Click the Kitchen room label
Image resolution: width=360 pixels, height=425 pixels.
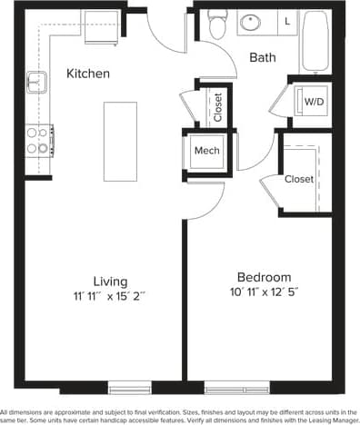pyautogui.click(x=89, y=74)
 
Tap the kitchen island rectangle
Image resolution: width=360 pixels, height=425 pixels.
pyautogui.click(x=120, y=141)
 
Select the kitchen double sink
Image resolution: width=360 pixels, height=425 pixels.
pyautogui.click(x=37, y=84)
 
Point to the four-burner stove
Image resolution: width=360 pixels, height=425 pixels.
pyautogui.click(x=37, y=140)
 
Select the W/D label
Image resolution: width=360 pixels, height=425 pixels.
pyautogui.click(x=315, y=102)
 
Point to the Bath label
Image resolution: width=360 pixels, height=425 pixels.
pyautogui.click(x=264, y=58)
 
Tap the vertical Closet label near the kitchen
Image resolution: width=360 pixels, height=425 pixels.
pyautogui.click(x=218, y=107)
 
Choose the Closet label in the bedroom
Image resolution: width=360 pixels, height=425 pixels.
pyautogui.click(x=299, y=179)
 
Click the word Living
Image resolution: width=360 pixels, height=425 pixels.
pyautogui.click(x=110, y=281)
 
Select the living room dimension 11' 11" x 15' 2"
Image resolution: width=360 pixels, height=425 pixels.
pyautogui.click(x=110, y=296)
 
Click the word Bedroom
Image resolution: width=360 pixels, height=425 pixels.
pyautogui.click(x=264, y=277)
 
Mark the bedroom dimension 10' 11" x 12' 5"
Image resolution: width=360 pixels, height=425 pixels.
pyautogui.click(x=264, y=292)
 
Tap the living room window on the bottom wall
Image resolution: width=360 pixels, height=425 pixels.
pyautogui.click(x=129, y=387)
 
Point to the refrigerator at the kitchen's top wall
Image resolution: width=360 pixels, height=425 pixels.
pyautogui.click(x=100, y=26)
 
